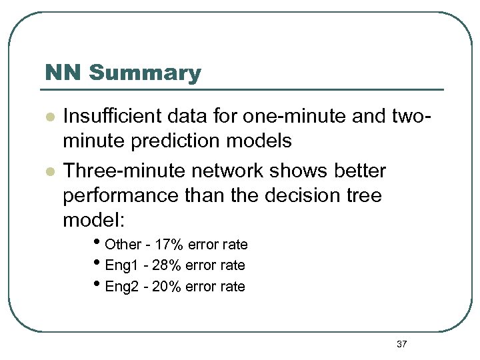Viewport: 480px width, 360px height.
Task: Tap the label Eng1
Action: [120, 265]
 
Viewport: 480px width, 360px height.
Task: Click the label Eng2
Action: [120, 287]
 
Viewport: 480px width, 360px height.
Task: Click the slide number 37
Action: [401, 344]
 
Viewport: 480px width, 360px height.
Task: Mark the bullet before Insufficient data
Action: [49, 117]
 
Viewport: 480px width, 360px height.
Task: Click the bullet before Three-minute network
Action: [49, 171]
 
